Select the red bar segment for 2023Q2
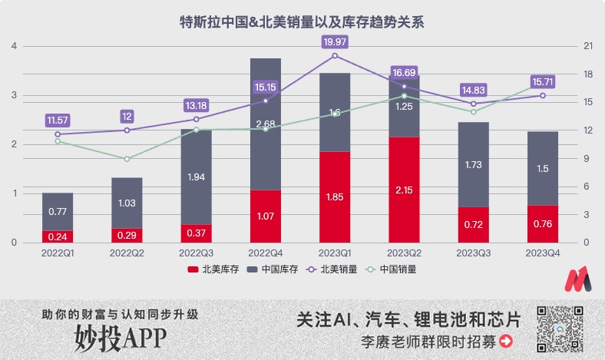pyautogui.click(x=404, y=190)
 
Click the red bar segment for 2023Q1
pyautogui.click(x=335, y=197)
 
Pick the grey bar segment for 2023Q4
pyautogui.click(x=542, y=169)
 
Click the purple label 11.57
pyautogui.click(x=58, y=120)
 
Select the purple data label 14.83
pyautogui.click(x=473, y=89)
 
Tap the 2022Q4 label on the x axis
pyautogui.click(x=266, y=252)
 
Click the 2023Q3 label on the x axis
pyautogui.click(x=473, y=252)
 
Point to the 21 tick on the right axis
pyautogui.click(x=588, y=46)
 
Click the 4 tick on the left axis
pyautogui.click(x=14, y=46)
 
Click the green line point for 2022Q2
pyautogui.click(x=127, y=159)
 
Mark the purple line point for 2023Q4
pyautogui.click(x=542, y=95)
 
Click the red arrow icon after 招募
pyautogui.click(x=505, y=341)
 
